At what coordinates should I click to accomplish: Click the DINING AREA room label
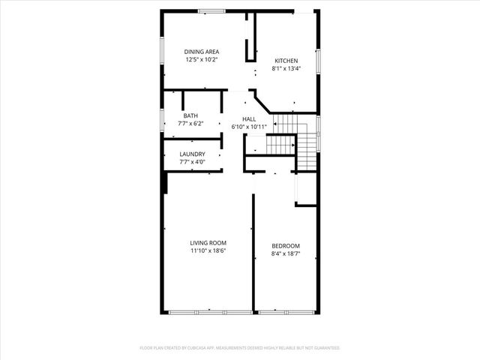pyautogui.click(x=202, y=51)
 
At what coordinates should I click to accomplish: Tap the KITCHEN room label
pyautogui.click(x=286, y=61)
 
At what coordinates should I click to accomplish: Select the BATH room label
pyautogui.click(x=191, y=115)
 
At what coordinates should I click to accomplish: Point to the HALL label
pyautogui.click(x=249, y=118)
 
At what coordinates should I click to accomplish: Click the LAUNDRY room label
pyautogui.click(x=192, y=154)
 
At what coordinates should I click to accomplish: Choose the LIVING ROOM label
pyautogui.click(x=208, y=243)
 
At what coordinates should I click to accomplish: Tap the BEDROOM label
pyautogui.click(x=286, y=246)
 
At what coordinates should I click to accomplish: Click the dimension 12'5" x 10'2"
pyautogui.click(x=202, y=59)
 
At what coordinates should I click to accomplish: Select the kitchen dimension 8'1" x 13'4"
pyautogui.click(x=286, y=68)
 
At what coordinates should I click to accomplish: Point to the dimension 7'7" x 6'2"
pyautogui.click(x=191, y=123)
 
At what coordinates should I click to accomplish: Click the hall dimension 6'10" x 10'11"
pyautogui.click(x=249, y=127)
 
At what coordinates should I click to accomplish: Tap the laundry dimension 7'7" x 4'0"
pyautogui.click(x=192, y=162)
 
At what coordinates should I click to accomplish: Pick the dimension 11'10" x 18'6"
pyautogui.click(x=208, y=250)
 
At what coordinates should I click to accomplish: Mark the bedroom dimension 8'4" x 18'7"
pyautogui.click(x=286, y=253)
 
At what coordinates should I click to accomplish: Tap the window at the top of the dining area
pyautogui.click(x=211, y=10)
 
